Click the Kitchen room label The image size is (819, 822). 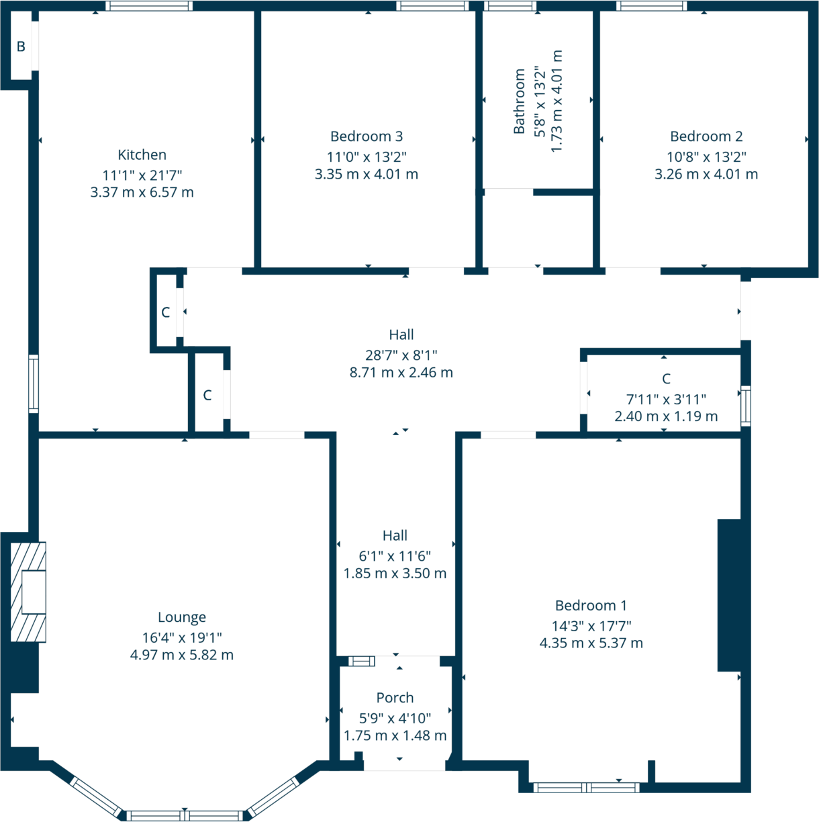[142, 155]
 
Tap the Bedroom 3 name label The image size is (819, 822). [367, 137]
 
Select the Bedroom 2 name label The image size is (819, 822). [706, 137]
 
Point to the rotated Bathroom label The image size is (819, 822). [519, 101]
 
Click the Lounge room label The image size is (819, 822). [182, 618]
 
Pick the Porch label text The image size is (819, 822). [395, 698]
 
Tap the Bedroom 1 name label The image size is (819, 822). [591, 606]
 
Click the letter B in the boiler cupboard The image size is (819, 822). [21, 47]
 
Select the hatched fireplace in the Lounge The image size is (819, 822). [28, 592]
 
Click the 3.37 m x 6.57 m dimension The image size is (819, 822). [142, 193]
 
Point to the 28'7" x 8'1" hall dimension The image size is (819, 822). [401, 355]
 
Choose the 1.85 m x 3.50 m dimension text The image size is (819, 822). [395, 574]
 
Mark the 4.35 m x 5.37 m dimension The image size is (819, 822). [591, 643]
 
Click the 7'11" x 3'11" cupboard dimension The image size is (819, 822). [666, 400]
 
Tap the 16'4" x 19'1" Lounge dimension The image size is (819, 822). [182, 638]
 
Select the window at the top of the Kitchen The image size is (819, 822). [149, 6]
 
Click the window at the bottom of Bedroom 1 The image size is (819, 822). [586, 788]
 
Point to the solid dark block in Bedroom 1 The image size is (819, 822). [729, 595]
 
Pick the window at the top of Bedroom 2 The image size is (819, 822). [651, 6]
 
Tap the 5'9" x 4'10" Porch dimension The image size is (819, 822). [395, 719]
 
